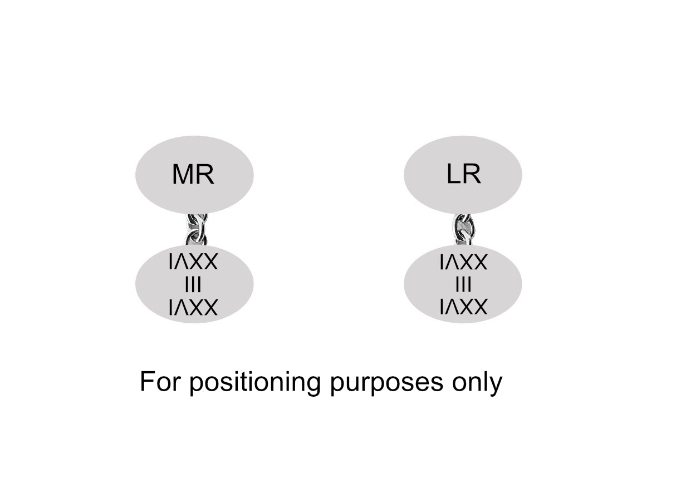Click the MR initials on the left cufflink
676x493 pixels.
pyautogui.click(x=193, y=174)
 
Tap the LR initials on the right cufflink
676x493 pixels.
pyautogui.click(x=463, y=174)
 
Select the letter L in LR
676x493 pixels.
pyautogui.click(x=453, y=174)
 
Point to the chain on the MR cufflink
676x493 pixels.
pyautogui.click(x=197, y=229)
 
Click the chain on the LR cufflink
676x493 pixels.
pyautogui.click(x=463, y=229)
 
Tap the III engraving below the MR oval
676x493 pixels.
pyautogui.click(x=193, y=285)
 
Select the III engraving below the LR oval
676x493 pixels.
pyautogui.click(x=463, y=285)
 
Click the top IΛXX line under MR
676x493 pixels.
pyautogui.click(x=193, y=262)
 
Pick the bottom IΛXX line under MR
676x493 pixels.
pyautogui.click(x=193, y=308)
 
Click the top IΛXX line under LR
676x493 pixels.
pyautogui.click(x=463, y=262)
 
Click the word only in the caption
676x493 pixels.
pyautogui.click(x=477, y=383)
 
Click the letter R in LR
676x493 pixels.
pyautogui.click(x=472, y=174)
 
